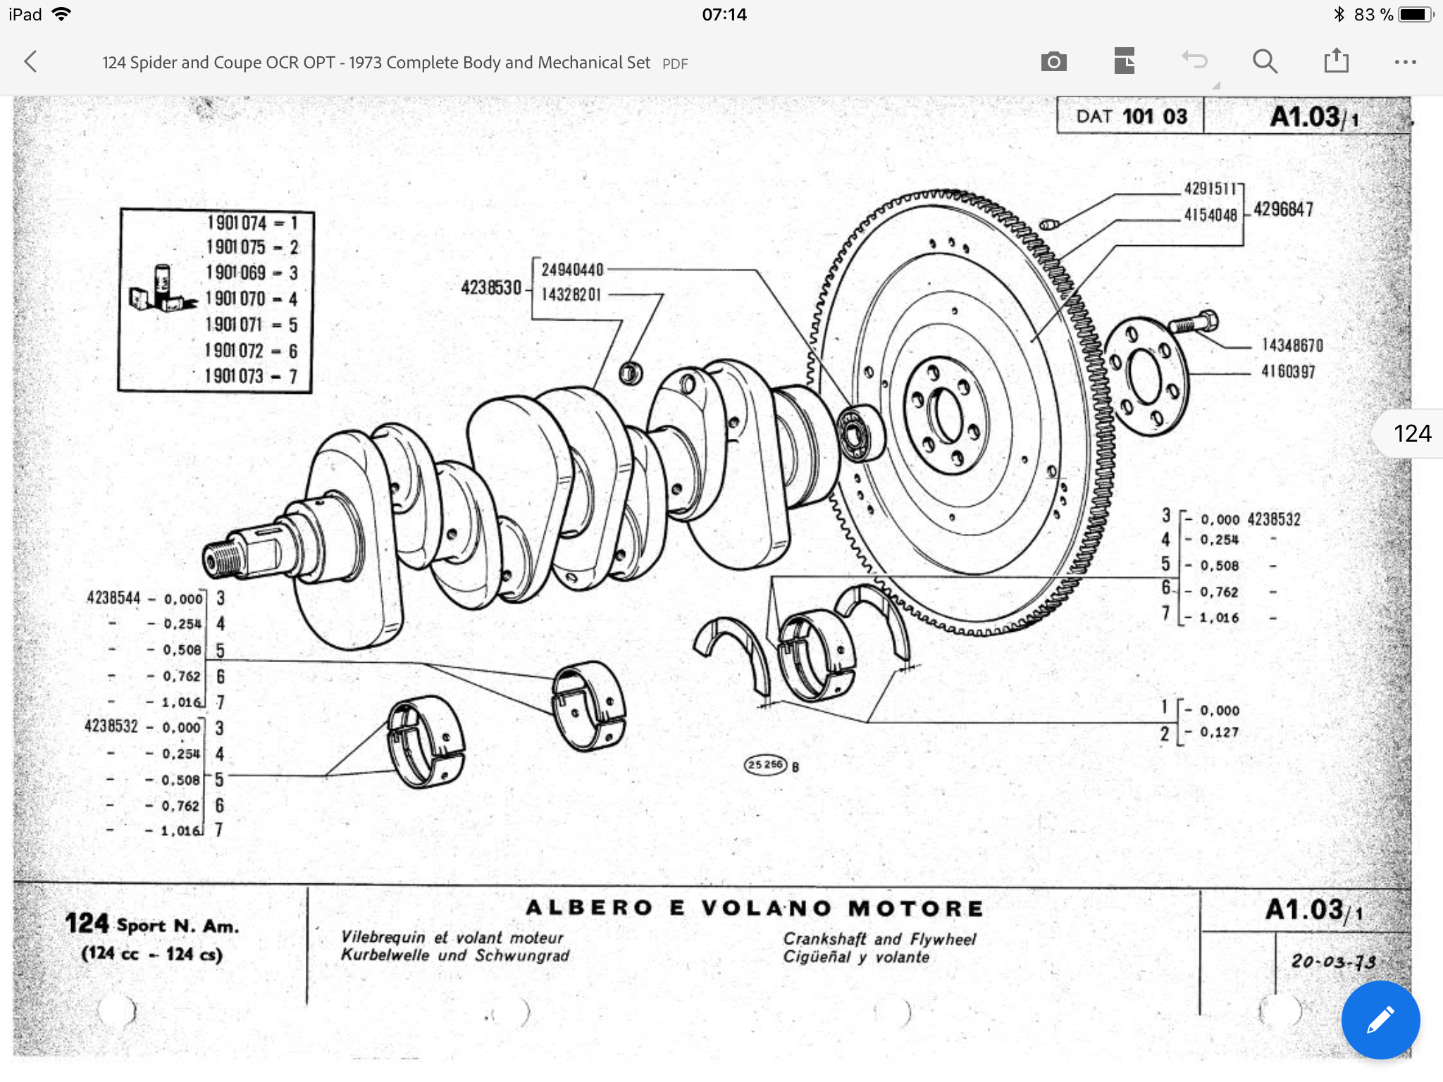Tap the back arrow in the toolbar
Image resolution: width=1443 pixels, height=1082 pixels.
30,62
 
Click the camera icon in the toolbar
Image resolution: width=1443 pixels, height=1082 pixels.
1053,62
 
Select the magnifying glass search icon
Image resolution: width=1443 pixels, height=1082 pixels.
1265,62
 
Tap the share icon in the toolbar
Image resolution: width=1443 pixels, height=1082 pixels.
1336,61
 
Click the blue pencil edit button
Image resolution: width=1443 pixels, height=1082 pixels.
1380,1019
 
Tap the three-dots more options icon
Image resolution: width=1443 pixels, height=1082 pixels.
1405,62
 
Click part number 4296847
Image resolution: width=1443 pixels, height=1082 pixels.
1283,209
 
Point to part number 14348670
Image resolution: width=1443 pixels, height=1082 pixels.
1292,345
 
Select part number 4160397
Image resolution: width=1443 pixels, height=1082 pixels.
1288,371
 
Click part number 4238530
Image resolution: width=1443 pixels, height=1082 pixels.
491,287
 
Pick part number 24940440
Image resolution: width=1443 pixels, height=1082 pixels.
572,270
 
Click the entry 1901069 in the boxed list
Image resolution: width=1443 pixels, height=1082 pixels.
235,273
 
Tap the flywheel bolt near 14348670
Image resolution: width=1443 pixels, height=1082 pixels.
1193,323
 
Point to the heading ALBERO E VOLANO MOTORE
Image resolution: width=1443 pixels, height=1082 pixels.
755,908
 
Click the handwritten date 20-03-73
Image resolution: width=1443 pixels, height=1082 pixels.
1333,961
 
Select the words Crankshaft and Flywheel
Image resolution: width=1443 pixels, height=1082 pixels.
879,939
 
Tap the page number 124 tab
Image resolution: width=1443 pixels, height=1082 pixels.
1411,433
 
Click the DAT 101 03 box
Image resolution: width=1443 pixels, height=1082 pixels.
1130,116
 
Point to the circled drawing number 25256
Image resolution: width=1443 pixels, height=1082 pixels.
765,765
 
